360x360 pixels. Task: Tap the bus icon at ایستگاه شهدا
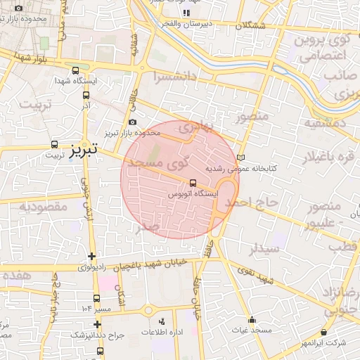76,70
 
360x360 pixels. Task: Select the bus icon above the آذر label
86,96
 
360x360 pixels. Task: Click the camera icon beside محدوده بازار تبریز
132,122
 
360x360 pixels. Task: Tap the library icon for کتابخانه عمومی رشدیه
242,157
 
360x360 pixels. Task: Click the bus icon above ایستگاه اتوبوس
193,185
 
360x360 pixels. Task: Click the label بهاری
194,129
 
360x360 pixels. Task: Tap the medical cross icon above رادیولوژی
91,256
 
